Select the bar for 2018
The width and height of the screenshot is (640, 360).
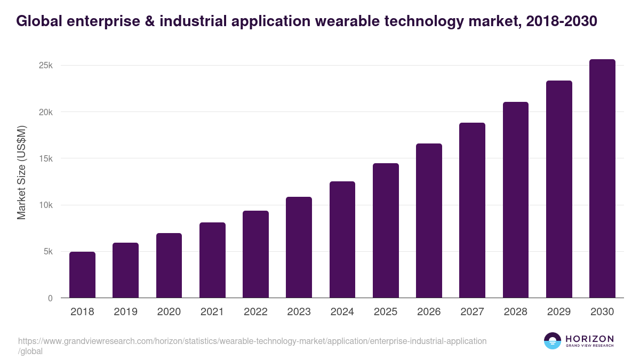tap(82, 275)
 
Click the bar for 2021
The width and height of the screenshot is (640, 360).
tap(212, 260)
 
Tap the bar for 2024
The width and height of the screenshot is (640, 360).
tap(342, 239)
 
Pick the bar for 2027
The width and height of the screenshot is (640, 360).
tap(473, 210)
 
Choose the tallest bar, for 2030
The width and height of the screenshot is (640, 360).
tap(602, 179)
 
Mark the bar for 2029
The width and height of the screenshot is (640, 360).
tap(559, 189)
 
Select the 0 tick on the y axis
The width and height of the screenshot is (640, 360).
tap(50, 298)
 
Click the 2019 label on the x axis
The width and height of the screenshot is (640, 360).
tap(125, 312)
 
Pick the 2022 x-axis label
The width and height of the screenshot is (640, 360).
tap(255, 312)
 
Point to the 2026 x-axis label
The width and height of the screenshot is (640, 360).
tap(429, 312)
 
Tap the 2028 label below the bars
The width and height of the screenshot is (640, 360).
tap(516, 312)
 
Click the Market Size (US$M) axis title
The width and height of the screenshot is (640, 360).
tap(21, 172)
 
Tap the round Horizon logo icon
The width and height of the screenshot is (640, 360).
tap(553, 341)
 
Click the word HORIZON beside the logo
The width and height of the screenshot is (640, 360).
tap(589, 339)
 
